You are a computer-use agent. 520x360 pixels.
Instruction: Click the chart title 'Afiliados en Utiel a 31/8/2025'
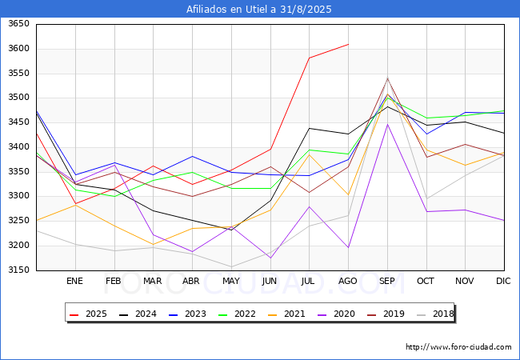coord(259,10)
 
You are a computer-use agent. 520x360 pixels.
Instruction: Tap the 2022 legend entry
coord(242,314)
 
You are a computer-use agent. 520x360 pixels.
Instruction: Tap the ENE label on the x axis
coord(75,281)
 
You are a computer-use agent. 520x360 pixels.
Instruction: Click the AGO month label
coord(348,281)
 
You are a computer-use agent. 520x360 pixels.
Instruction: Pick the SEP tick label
coord(387,281)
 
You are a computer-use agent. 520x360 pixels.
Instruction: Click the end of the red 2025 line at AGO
coord(348,44)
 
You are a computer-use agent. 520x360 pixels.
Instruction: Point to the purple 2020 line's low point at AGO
coord(348,247)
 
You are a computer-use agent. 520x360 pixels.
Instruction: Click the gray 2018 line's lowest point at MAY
coord(231,267)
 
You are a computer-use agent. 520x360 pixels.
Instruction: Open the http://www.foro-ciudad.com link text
coord(458,347)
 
